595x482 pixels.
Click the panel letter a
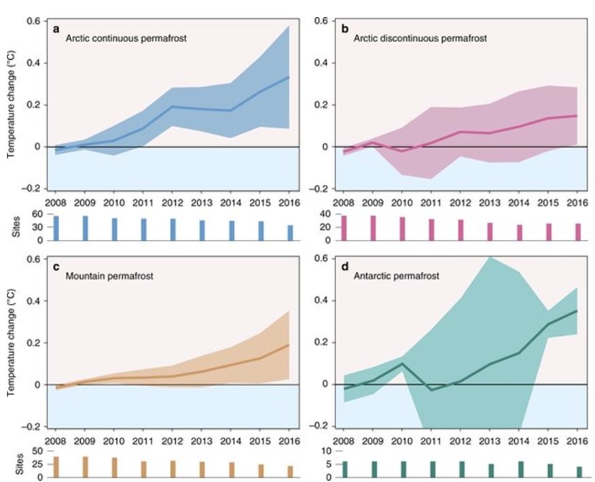(x=58, y=28)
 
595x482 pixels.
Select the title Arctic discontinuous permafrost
(x=420, y=39)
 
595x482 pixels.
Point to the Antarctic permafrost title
(x=392, y=276)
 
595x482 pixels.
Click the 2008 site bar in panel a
(x=56, y=228)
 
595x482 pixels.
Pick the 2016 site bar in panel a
(x=290, y=233)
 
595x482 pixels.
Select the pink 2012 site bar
(x=461, y=230)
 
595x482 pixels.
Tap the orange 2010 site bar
(x=114, y=467)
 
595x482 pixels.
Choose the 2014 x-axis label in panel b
(x=519, y=203)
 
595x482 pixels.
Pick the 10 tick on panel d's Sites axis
(x=325, y=451)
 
